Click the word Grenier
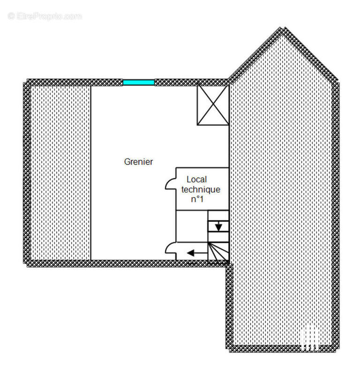pyautogui.click(x=138, y=162)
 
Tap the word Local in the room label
pyautogui.click(x=196, y=180)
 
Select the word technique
pyautogui.click(x=201, y=189)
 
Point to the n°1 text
pyautogui.click(x=197, y=199)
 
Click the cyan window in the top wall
pyautogui.click(x=139, y=82)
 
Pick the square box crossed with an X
pyautogui.click(x=213, y=105)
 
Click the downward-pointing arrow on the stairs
pyautogui.click(x=218, y=226)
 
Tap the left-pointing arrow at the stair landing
pyautogui.click(x=197, y=253)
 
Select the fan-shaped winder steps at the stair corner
pyautogui.click(x=218, y=251)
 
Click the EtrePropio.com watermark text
pyautogui.click(x=49, y=16)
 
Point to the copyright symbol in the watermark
pyautogui.click(x=11, y=16)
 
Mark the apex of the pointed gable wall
pyautogui.click(x=283, y=28)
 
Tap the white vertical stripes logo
pyautogui.click(x=309, y=338)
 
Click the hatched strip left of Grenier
pyautogui.click(x=60, y=172)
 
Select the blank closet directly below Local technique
pyautogui.click(x=192, y=226)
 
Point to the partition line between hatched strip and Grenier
pyautogui.click(x=90, y=172)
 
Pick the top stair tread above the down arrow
pyautogui.click(x=218, y=216)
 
